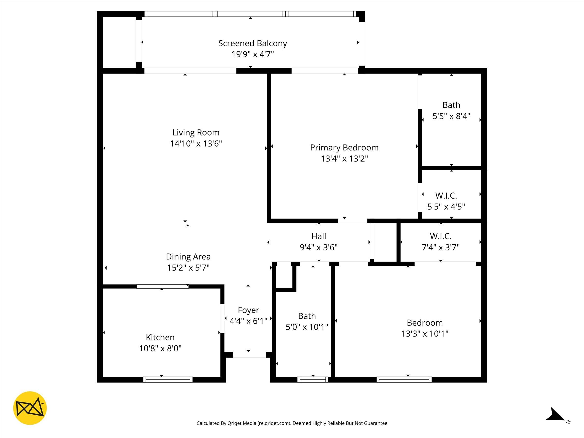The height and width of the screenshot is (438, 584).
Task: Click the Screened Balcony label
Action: [252, 43]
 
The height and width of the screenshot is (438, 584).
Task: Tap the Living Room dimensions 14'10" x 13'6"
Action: [196, 144]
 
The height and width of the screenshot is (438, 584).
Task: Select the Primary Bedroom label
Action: [344, 148]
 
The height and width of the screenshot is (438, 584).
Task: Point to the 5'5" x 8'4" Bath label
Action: [451, 111]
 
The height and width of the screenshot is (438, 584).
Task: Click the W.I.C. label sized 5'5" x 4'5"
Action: [446, 201]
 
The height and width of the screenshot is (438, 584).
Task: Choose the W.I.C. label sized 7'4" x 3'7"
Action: [440, 242]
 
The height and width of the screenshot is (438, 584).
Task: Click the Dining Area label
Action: [188, 257]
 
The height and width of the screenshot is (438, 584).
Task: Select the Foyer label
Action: [248, 310]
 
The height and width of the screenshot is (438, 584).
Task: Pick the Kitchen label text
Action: [160, 338]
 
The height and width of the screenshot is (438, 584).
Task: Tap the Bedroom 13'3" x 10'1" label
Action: [425, 328]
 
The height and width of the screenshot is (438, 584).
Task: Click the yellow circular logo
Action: [30, 408]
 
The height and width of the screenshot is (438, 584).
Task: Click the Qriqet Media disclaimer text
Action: [292, 423]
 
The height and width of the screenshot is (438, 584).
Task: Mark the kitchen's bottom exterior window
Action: [168, 380]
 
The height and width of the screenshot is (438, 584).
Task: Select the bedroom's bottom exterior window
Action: [404, 380]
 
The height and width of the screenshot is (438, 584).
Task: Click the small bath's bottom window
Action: [313, 380]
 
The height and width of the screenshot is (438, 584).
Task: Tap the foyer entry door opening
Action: [249, 355]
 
